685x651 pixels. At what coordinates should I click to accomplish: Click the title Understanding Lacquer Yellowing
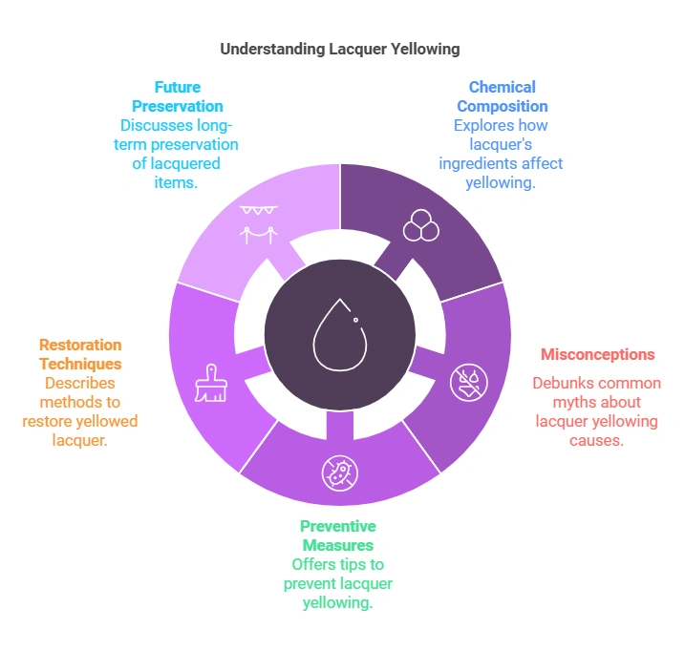point(341,48)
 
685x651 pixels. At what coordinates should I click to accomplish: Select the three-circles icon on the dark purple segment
point(419,225)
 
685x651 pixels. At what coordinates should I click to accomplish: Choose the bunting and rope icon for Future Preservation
point(257,223)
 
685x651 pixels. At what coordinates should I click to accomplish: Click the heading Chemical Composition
point(502,96)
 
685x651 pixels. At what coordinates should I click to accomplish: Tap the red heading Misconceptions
point(597,354)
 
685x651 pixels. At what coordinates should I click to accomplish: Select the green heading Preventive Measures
point(338,535)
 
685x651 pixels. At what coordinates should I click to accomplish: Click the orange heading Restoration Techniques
point(80,354)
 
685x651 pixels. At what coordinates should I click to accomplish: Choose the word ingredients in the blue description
point(479,163)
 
